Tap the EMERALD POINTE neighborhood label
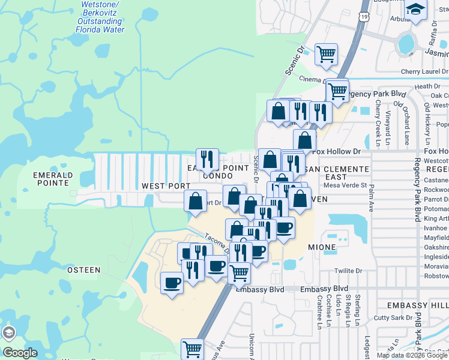[x=53, y=179]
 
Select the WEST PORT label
[x=166, y=187]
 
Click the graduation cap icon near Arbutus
[x=415, y=10]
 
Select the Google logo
[x=20, y=353]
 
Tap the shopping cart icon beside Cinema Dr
[x=326, y=54]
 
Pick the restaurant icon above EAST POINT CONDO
[x=207, y=159]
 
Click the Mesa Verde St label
[x=345, y=185]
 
